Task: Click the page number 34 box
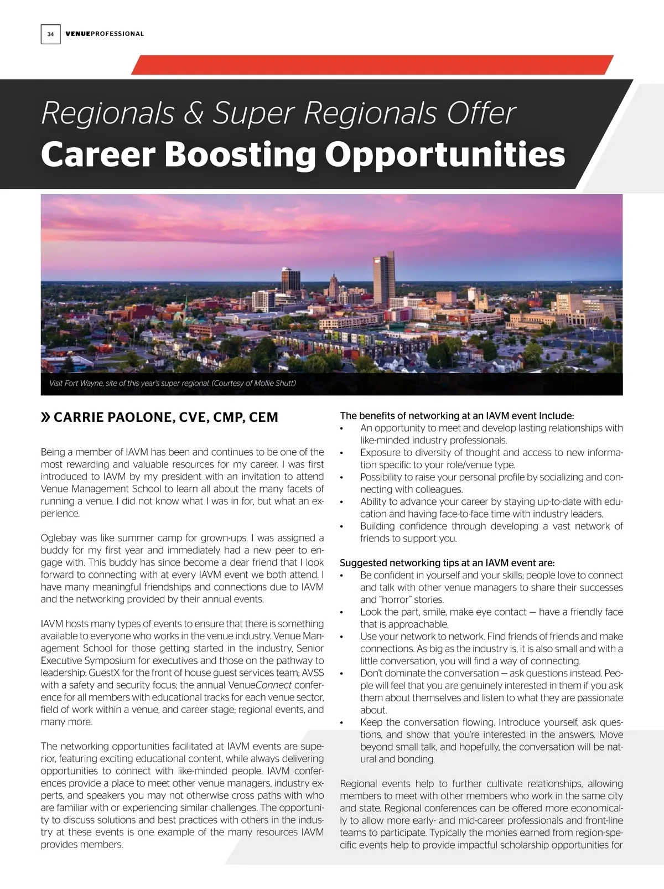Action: click(x=50, y=34)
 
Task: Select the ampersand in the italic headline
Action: click(x=194, y=113)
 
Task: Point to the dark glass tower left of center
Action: click(x=290, y=280)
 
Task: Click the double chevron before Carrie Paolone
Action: click(x=45, y=417)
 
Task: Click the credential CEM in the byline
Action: click(x=263, y=417)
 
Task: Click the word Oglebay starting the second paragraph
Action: click(x=58, y=538)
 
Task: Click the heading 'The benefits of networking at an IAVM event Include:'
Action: click(x=456, y=416)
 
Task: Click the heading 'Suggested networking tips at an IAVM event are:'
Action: click(x=447, y=563)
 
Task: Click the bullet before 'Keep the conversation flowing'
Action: click(x=342, y=723)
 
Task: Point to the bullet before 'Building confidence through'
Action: click(x=342, y=526)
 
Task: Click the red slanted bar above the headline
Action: click(x=372, y=65)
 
